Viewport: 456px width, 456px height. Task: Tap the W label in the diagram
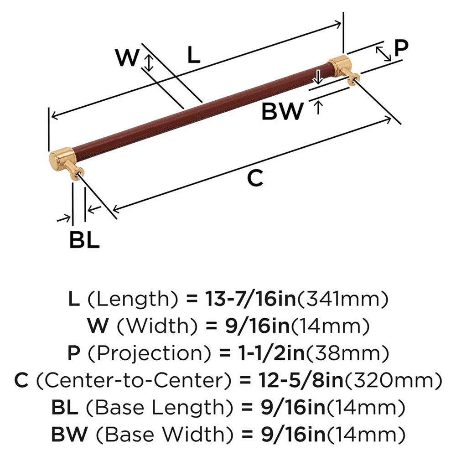click(x=127, y=58)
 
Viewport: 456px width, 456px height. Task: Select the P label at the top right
click(x=401, y=48)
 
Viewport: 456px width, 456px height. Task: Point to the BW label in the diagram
click(x=283, y=111)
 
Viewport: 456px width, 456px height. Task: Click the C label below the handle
click(x=255, y=178)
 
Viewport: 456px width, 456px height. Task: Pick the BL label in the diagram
click(x=84, y=240)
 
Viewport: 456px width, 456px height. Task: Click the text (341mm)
click(x=343, y=300)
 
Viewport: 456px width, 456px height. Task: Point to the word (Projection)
click(x=130, y=352)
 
